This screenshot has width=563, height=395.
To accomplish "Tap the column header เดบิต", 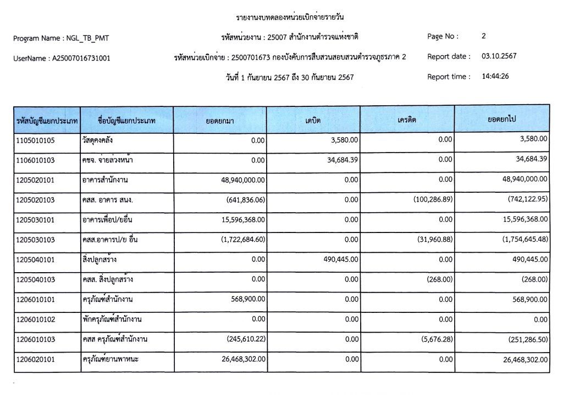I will [313, 120].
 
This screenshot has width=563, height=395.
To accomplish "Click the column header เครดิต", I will [407, 120].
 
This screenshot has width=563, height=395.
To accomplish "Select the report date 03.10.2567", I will [499, 56].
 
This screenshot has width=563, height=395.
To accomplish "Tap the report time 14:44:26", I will [495, 77].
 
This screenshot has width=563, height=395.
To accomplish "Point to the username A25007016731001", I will [81, 58].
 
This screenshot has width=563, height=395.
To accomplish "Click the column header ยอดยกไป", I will [502, 120].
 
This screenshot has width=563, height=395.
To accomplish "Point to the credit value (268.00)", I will [439, 279].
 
